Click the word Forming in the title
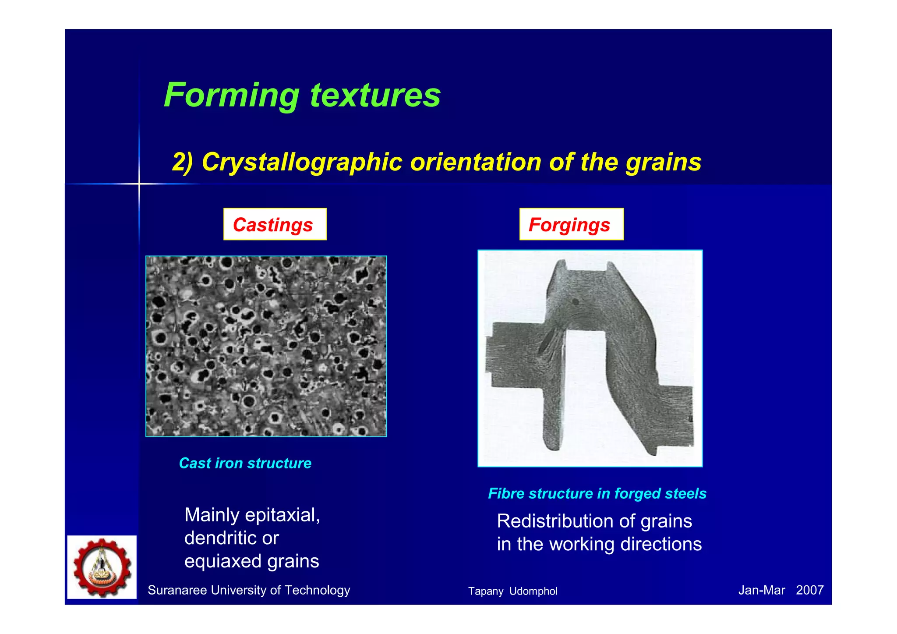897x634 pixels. [x=231, y=96]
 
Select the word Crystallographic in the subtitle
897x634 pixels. [x=302, y=162]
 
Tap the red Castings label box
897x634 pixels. [x=275, y=224]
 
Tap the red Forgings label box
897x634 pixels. [x=571, y=224]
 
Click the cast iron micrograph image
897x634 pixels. [x=266, y=346]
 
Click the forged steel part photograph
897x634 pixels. [x=590, y=358]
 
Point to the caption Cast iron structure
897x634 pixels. [x=245, y=463]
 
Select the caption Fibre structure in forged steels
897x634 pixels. [x=597, y=493]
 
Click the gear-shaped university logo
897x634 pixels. [x=102, y=567]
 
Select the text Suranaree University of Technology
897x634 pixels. [x=249, y=590]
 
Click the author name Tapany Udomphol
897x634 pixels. [x=512, y=591]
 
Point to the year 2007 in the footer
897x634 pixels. [x=809, y=590]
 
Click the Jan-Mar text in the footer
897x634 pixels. [x=761, y=590]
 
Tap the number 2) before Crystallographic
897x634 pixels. [x=182, y=162]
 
